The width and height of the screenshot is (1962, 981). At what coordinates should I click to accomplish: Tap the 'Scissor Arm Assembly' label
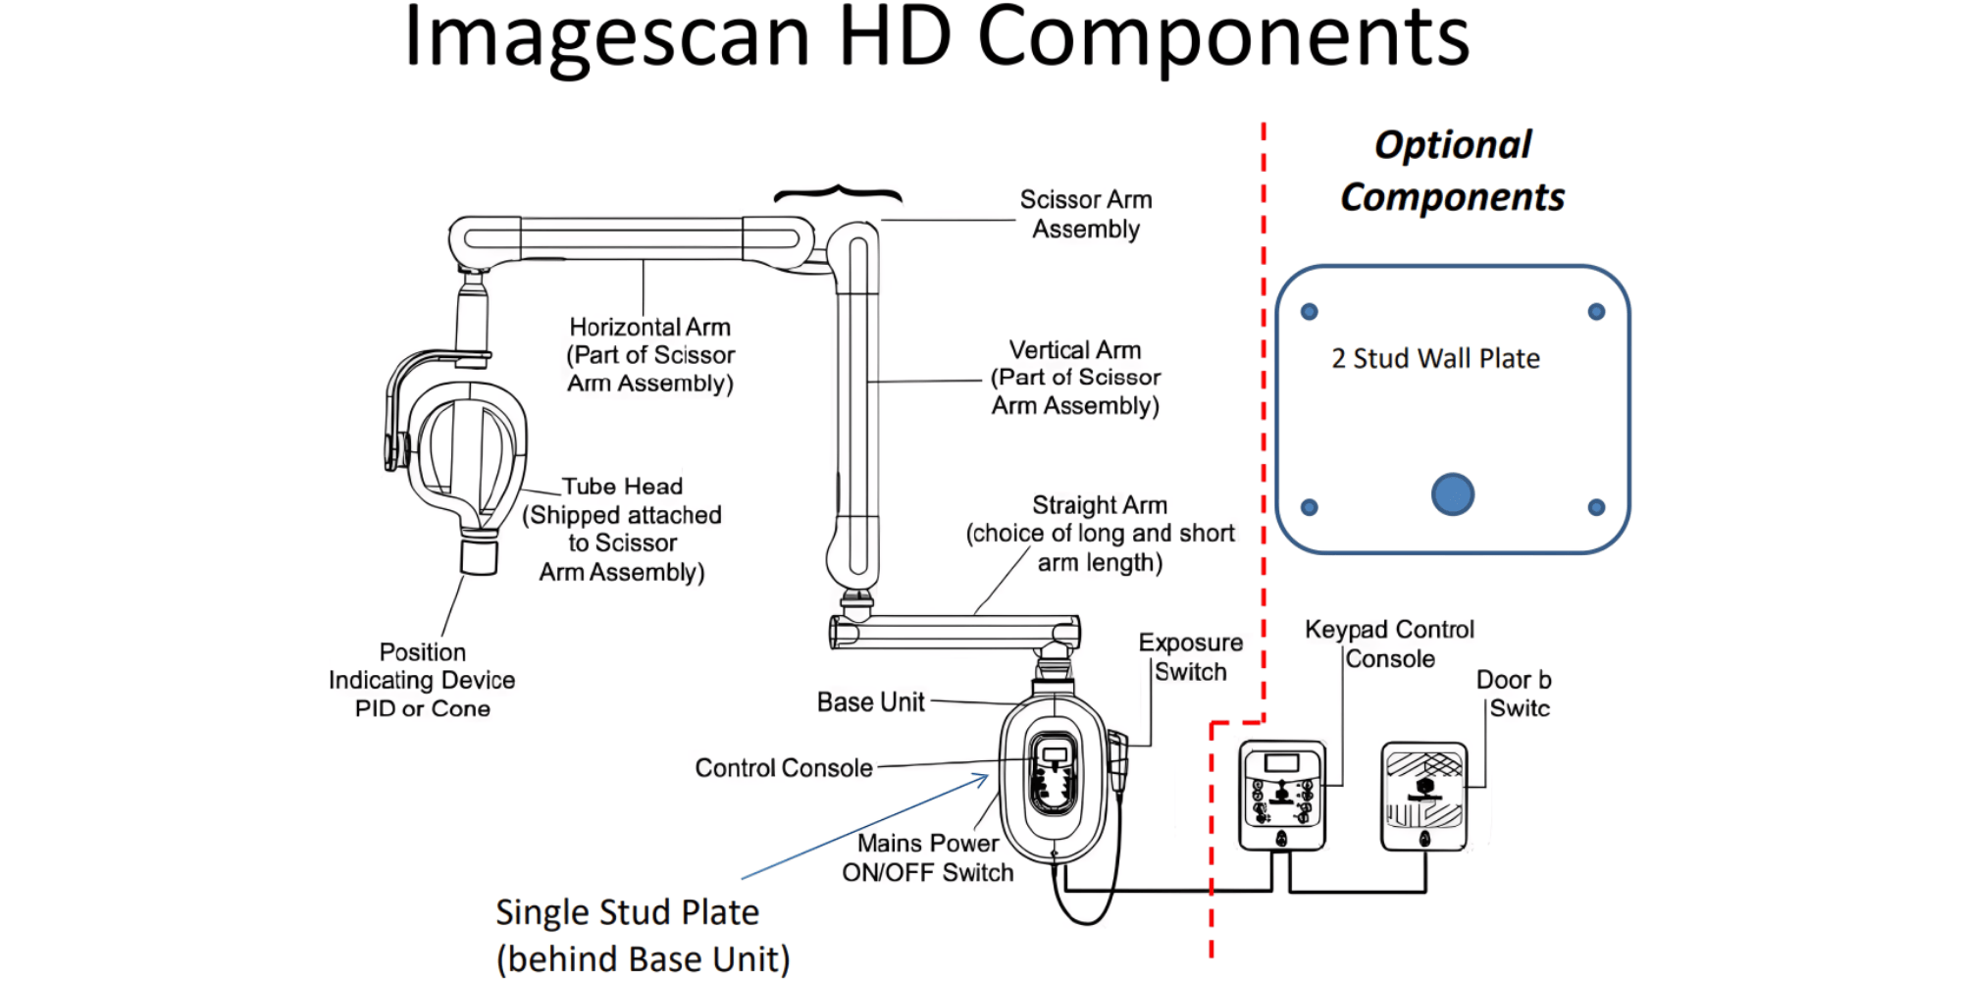coord(1086,214)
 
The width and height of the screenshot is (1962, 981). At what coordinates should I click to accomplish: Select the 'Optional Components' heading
coord(1452,171)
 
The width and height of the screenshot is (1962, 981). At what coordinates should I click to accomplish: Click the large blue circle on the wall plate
coord(1452,493)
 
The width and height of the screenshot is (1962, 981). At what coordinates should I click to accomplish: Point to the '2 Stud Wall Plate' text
coord(1435,359)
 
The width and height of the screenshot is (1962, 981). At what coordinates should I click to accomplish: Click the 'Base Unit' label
coord(870,702)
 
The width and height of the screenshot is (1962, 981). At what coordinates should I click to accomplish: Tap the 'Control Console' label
coord(783,768)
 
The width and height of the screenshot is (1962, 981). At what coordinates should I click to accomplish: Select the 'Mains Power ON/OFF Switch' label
coord(927,857)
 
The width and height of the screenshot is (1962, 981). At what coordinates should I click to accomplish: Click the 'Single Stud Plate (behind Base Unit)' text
coord(643,935)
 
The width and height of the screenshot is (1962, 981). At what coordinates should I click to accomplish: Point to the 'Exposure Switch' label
coord(1190,657)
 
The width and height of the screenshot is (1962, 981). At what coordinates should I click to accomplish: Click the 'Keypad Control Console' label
coord(1389,644)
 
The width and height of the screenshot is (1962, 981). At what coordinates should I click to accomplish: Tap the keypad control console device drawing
coord(1281,796)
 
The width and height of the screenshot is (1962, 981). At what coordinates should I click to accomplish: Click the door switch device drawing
coord(1424,796)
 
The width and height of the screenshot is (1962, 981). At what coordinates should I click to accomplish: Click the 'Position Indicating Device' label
coord(422,680)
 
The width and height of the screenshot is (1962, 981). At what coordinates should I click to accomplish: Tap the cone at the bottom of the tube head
coord(479,556)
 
